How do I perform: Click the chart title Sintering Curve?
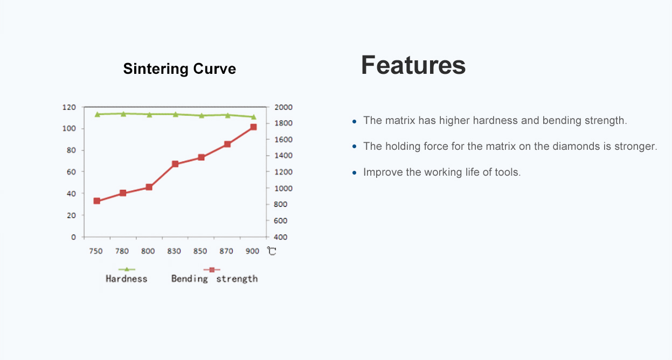coord(179,69)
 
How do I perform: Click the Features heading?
coord(413,65)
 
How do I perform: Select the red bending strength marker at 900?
coord(253,127)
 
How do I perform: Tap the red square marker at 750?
coord(96,200)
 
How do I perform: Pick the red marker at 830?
coord(175,164)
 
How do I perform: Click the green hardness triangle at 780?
coord(123,114)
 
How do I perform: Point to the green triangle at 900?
coord(253,117)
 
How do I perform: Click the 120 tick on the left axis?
coord(69,107)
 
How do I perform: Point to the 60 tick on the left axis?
coord(71,172)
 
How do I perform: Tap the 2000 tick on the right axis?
coord(283,107)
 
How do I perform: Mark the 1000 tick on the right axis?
coord(283,188)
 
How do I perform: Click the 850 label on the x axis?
coord(200,251)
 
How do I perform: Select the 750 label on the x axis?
coord(96,251)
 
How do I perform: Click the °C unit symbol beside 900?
coord(272,251)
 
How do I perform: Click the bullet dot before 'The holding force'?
coord(354,147)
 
